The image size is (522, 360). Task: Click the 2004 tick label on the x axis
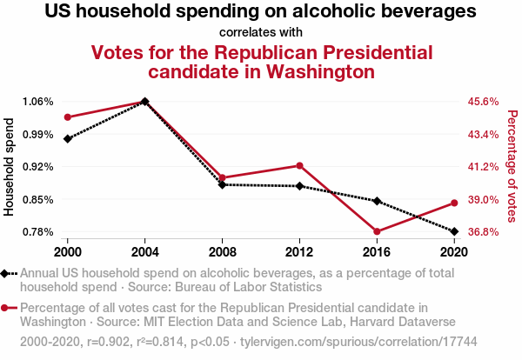[x=144, y=251]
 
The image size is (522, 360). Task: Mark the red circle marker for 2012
[x=299, y=165]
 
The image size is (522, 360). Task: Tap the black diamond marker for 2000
[x=67, y=138]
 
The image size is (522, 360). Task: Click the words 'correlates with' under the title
[x=261, y=32]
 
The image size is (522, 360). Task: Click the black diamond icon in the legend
[x=7, y=273]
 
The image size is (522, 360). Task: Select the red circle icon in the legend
[x=7, y=308]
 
